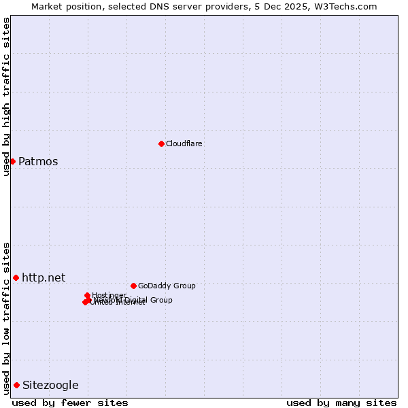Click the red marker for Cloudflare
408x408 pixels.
click(x=161, y=143)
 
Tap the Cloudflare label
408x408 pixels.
click(x=184, y=143)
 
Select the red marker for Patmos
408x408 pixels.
click(x=12, y=161)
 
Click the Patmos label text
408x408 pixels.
click(x=38, y=162)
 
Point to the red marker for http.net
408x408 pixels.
click(x=16, y=277)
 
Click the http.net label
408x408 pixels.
click(x=44, y=277)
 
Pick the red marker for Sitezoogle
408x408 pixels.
click(x=16, y=385)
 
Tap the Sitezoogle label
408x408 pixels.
click(x=50, y=386)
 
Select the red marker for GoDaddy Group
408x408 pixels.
click(x=133, y=286)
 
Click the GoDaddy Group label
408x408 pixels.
click(x=167, y=286)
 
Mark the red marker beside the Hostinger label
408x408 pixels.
click(x=88, y=295)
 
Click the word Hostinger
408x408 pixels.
click(x=109, y=295)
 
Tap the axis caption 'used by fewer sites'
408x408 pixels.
click(x=70, y=403)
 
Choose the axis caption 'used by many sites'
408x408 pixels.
click(x=341, y=403)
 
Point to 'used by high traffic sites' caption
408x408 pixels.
click(x=7, y=97)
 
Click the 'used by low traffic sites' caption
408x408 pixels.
click(x=7, y=318)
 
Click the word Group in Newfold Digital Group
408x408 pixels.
click(x=160, y=300)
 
